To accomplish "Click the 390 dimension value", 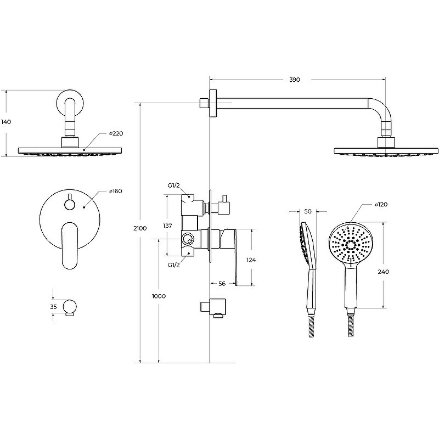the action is [x=295, y=80].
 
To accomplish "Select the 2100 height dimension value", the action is [x=140, y=228].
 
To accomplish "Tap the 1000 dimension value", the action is [x=159, y=296].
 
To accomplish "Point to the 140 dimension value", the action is [x=6, y=122].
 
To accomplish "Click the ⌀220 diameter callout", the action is [x=116, y=133].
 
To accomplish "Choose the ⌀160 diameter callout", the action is [x=116, y=191].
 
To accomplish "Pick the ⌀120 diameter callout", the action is [x=381, y=205].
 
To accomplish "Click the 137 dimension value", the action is [x=167, y=226].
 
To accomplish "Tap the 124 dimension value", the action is [x=251, y=260].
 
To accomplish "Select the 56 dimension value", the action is [x=222, y=284].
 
